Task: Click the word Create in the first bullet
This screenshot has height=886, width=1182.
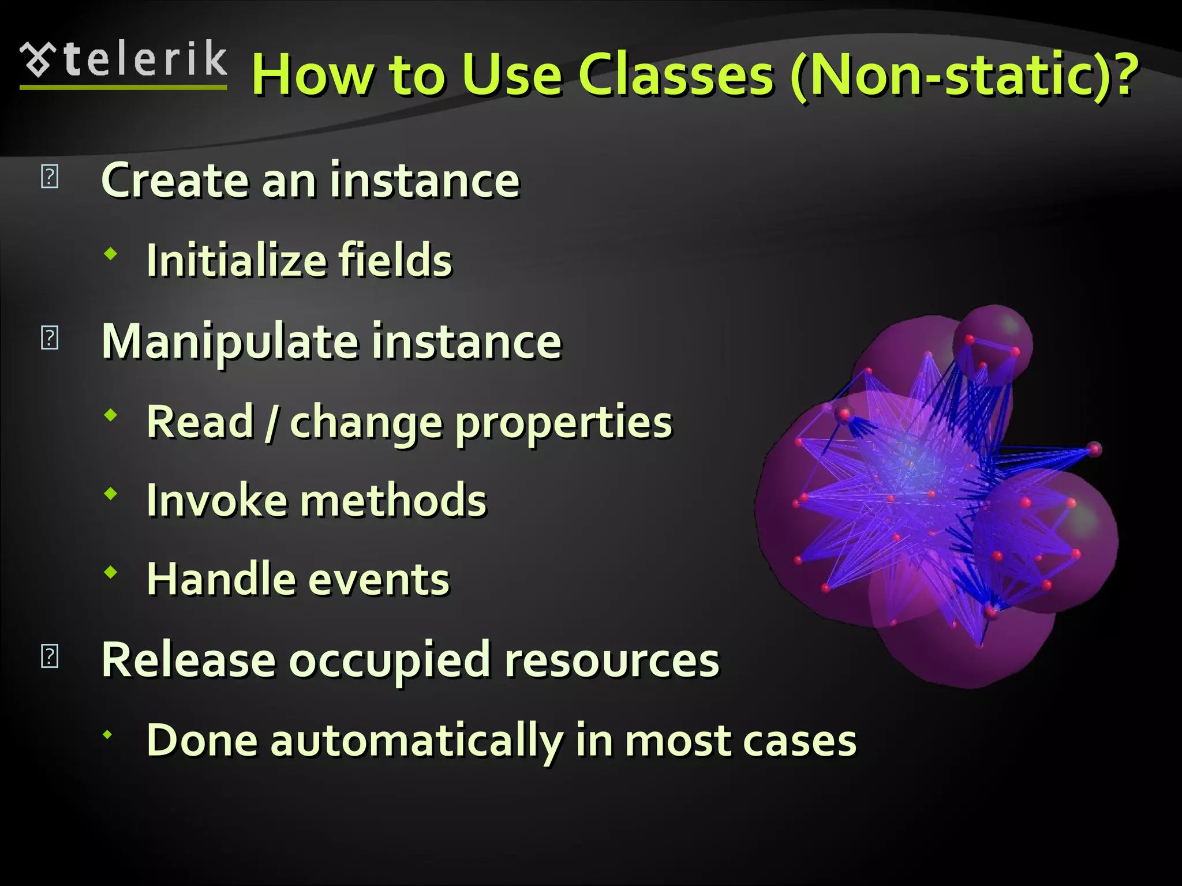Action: click(175, 181)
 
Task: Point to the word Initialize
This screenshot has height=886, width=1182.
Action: click(237, 261)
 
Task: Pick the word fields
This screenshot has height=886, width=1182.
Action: click(395, 261)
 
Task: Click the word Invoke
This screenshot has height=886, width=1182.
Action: click(217, 501)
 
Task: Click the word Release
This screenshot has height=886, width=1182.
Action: click(188, 660)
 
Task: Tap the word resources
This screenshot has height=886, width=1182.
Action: click(612, 660)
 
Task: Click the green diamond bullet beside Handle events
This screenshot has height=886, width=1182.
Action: click(111, 572)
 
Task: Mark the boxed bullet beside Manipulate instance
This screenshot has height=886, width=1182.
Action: click(50, 337)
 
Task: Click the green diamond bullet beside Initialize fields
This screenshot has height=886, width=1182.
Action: click(111, 253)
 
